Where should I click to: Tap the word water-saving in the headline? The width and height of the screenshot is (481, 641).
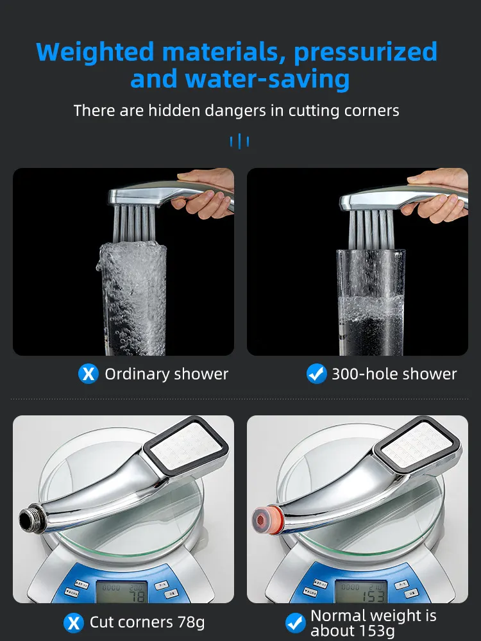coord(267,79)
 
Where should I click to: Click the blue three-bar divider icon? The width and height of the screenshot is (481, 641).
coord(239,141)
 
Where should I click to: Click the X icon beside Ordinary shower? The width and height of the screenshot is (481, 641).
coord(88,374)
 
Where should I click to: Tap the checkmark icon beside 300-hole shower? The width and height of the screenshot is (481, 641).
coord(317,374)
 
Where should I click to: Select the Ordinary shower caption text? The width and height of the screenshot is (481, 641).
coord(166,374)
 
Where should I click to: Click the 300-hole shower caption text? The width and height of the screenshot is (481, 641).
coord(394,374)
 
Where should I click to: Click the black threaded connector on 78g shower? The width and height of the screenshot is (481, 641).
coord(30,517)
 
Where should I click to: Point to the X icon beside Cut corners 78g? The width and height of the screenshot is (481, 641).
coord(74,622)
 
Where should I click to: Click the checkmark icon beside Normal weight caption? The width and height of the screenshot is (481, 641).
coord(295,622)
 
